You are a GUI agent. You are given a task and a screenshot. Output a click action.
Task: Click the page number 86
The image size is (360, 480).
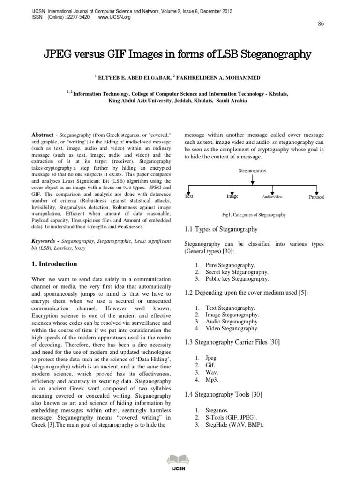(x=321, y=24)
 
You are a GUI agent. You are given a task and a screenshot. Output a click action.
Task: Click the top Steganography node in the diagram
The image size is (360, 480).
(x=253, y=171)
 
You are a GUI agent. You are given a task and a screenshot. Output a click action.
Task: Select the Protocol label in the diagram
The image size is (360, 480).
(x=316, y=198)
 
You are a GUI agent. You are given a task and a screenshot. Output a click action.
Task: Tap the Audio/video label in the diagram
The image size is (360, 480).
(x=272, y=198)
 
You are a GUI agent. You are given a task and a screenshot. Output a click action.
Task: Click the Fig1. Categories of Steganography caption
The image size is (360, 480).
(x=254, y=215)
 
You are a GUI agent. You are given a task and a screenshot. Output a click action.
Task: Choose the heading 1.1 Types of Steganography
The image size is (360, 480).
(x=221, y=229)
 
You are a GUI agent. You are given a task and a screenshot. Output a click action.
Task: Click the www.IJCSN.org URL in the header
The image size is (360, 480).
(x=114, y=17)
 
